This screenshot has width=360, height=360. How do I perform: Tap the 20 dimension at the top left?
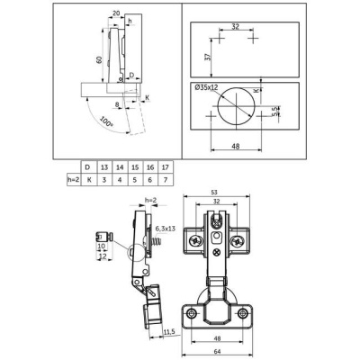tap(117, 13)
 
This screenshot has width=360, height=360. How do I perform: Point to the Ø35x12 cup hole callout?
tap(208, 88)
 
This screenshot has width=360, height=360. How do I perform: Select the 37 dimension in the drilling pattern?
tap(207, 58)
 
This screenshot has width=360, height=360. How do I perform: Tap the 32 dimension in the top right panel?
tap(233, 27)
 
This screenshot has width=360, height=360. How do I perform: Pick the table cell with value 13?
tap(106, 167)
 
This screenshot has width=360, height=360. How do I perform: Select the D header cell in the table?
tap(87, 167)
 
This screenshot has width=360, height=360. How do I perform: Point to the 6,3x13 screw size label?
tap(166, 229)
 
